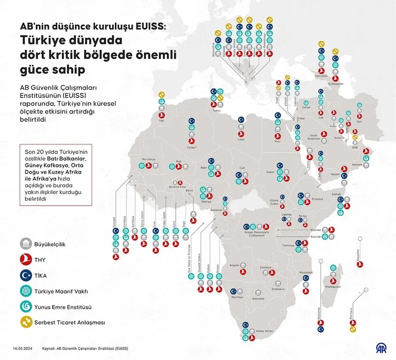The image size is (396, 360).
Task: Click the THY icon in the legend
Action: (24, 260)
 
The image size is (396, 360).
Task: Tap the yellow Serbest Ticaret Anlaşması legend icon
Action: (24, 323)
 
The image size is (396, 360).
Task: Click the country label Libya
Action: (242, 140)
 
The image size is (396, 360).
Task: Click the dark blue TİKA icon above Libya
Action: (241, 120)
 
